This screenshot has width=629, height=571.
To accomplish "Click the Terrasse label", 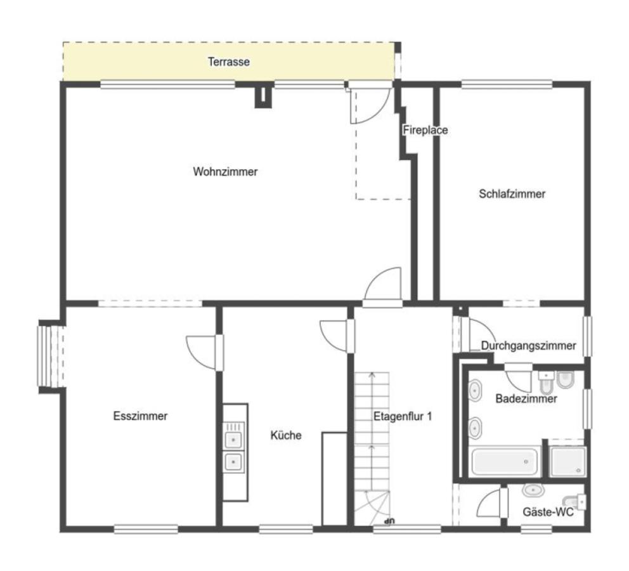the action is point(229,62).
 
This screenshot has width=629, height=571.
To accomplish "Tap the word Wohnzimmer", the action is point(226,172).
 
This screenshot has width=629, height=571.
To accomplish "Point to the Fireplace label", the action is point(425,130).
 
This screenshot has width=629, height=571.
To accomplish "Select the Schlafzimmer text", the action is point(512,194).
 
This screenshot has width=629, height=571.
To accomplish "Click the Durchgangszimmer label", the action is point(529,346).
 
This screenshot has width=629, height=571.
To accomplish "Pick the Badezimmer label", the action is point(526,398).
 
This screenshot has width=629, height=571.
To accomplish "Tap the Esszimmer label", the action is point(140,416).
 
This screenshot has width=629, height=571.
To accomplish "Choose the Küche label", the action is point(286,435).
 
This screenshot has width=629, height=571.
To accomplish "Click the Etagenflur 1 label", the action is point(403,416).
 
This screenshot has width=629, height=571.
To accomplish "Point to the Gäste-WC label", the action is point(548,512).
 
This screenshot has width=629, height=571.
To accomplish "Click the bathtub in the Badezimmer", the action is point(505,461).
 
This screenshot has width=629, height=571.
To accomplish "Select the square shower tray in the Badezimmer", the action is point(567,461).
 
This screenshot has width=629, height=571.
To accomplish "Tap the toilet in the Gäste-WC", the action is point(574,502).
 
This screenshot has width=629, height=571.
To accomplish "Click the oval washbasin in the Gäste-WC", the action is point(533,490).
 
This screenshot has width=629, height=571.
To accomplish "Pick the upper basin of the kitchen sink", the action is point(233,440).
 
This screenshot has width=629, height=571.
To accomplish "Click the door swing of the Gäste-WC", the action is point(490,502).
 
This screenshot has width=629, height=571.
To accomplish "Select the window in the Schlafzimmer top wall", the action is point(507,84).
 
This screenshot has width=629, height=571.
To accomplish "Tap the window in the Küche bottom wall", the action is point(286,530).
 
